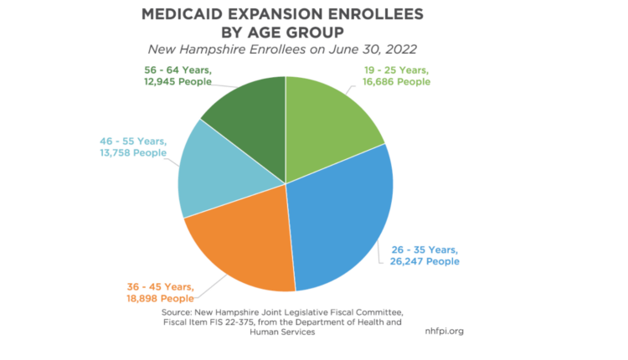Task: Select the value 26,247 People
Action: click(425, 261)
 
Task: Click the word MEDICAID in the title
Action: click(180, 16)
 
